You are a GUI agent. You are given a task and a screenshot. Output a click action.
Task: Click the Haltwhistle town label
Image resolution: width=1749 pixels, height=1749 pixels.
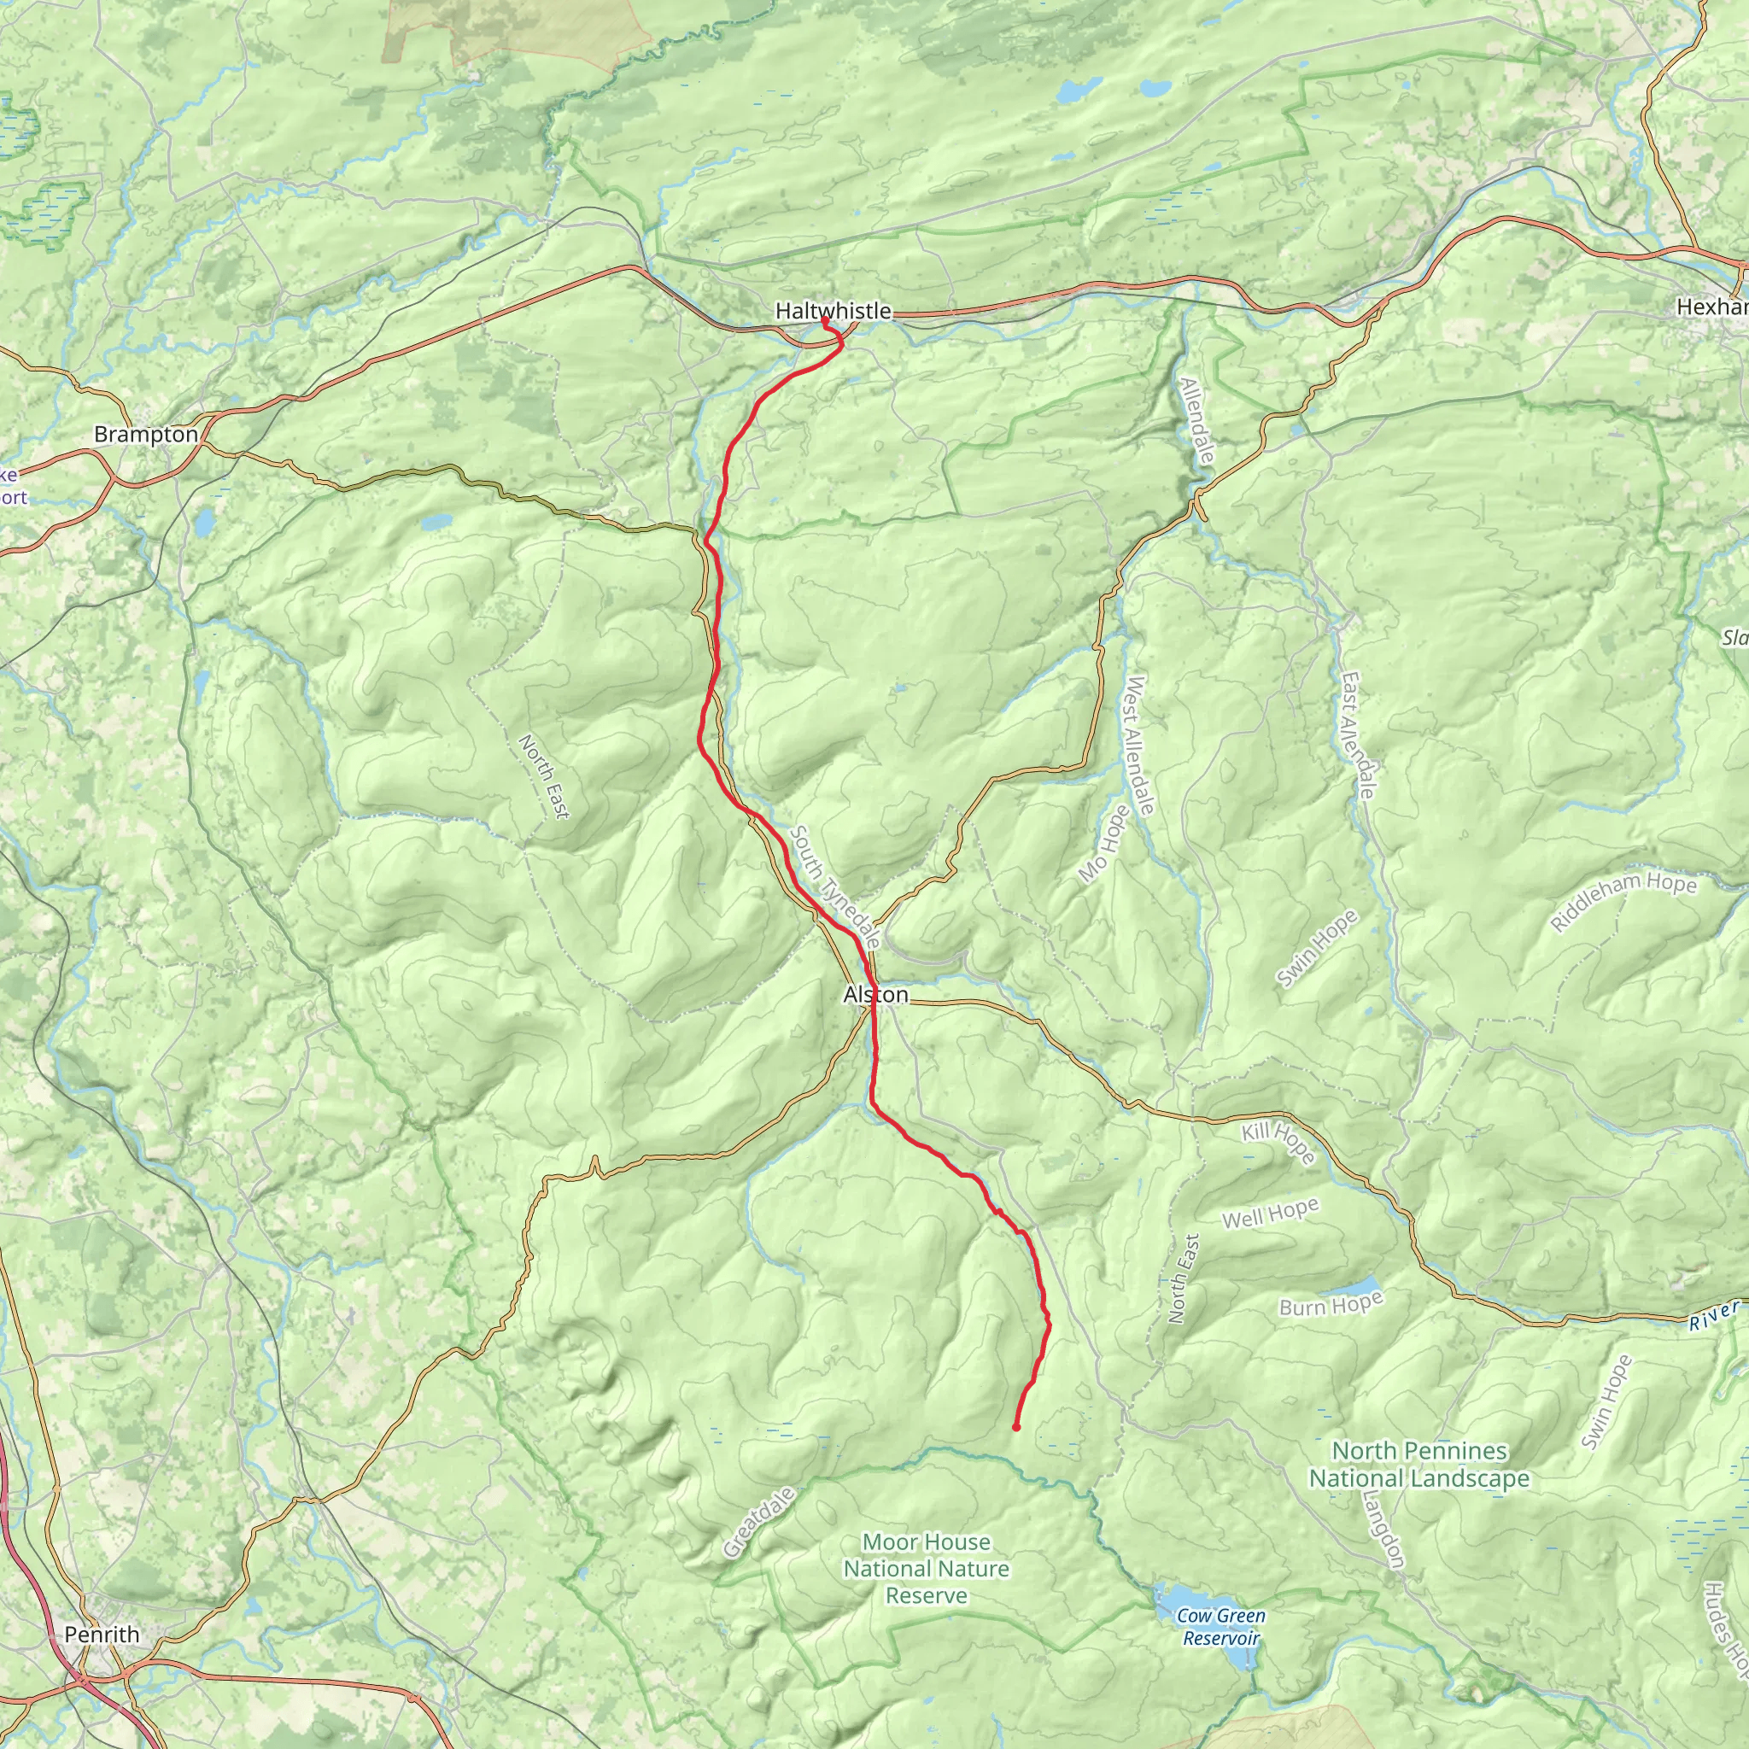[x=833, y=311]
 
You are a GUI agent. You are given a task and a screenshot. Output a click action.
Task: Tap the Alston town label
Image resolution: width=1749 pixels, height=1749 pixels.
[x=875, y=995]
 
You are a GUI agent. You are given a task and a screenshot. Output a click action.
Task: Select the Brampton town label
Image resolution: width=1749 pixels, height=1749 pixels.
[x=146, y=435]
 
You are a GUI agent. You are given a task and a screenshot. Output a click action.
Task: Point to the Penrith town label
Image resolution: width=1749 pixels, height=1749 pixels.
[x=102, y=1634]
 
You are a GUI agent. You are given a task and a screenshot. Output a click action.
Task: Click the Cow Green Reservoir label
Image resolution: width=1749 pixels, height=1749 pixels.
[x=1220, y=1627]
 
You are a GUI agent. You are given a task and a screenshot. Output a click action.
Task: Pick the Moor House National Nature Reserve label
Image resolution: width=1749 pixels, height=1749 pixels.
[x=926, y=1568]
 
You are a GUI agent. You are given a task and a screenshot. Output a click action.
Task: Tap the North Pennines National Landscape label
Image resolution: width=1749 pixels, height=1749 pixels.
[x=1419, y=1465]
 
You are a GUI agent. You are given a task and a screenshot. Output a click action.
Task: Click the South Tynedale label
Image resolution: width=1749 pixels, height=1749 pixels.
[x=834, y=886]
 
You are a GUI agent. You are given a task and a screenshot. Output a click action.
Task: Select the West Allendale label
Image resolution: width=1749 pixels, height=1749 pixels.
[x=1138, y=745]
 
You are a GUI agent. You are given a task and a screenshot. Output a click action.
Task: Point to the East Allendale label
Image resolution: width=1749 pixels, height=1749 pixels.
[x=1358, y=735]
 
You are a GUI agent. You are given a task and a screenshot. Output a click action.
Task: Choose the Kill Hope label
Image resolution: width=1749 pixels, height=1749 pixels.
[x=1278, y=1143]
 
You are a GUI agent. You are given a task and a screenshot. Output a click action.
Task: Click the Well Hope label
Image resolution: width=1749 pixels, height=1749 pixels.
[x=1270, y=1213]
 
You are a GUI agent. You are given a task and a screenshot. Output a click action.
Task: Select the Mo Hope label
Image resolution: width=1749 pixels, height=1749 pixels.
[x=1104, y=843]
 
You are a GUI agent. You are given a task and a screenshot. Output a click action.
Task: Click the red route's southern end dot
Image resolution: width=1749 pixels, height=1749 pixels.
[x=1015, y=1428]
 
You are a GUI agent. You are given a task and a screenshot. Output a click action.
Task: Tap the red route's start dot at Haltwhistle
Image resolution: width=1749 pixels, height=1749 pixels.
[x=825, y=320]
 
